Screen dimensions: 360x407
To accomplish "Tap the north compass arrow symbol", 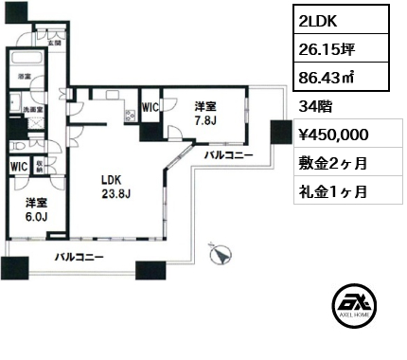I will click(x=221, y=254).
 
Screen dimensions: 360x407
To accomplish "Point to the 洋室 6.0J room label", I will click(x=35, y=208).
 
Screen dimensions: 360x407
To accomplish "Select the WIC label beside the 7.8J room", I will click(x=150, y=107).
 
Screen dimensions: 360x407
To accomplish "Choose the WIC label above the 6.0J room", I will click(x=19, y=167).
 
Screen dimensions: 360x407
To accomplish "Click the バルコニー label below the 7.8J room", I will click(x=227, y=153).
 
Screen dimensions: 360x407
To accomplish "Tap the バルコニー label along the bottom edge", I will click(x=79, y=257).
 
